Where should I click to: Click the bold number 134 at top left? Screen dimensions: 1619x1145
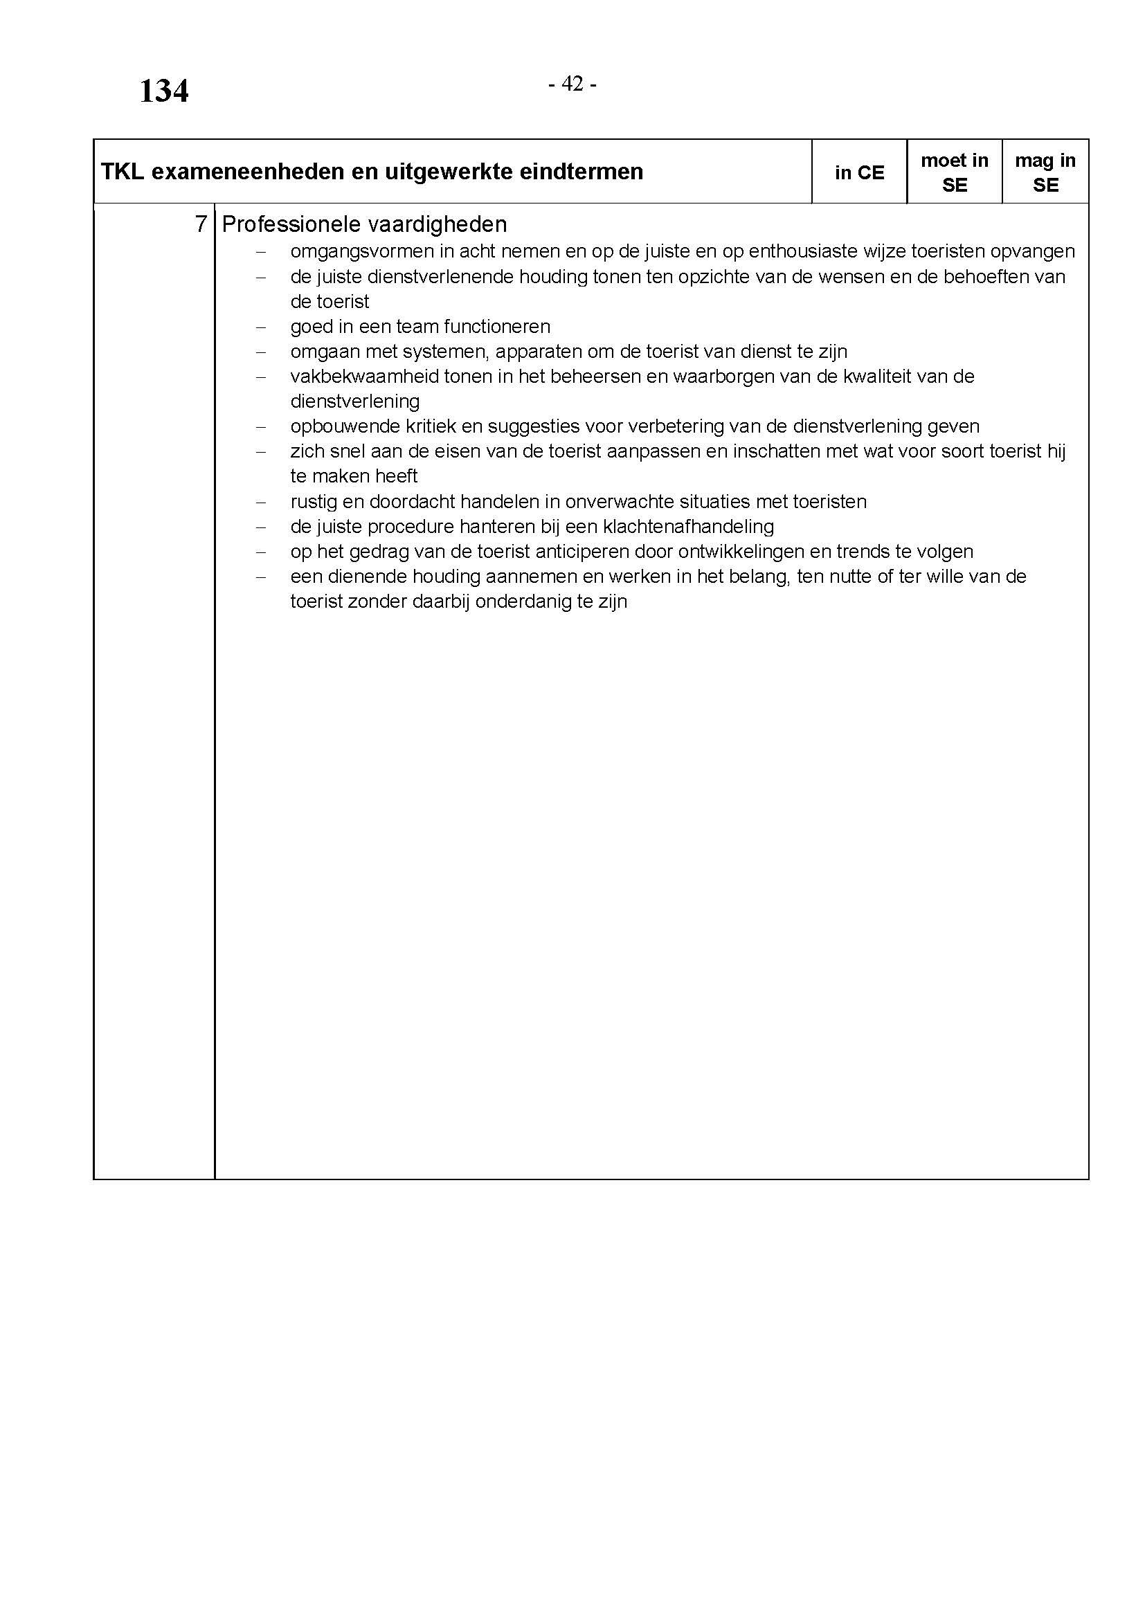[x=163, y=91]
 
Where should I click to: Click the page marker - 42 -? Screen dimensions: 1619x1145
[x=572, y=84]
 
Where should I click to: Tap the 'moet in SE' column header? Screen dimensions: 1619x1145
[x=954, y=173]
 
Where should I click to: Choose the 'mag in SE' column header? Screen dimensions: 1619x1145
[x=1045, y=173]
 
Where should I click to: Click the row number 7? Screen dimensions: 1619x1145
[x=201, y=224]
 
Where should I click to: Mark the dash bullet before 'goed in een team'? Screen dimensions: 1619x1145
[x=261, y=327]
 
